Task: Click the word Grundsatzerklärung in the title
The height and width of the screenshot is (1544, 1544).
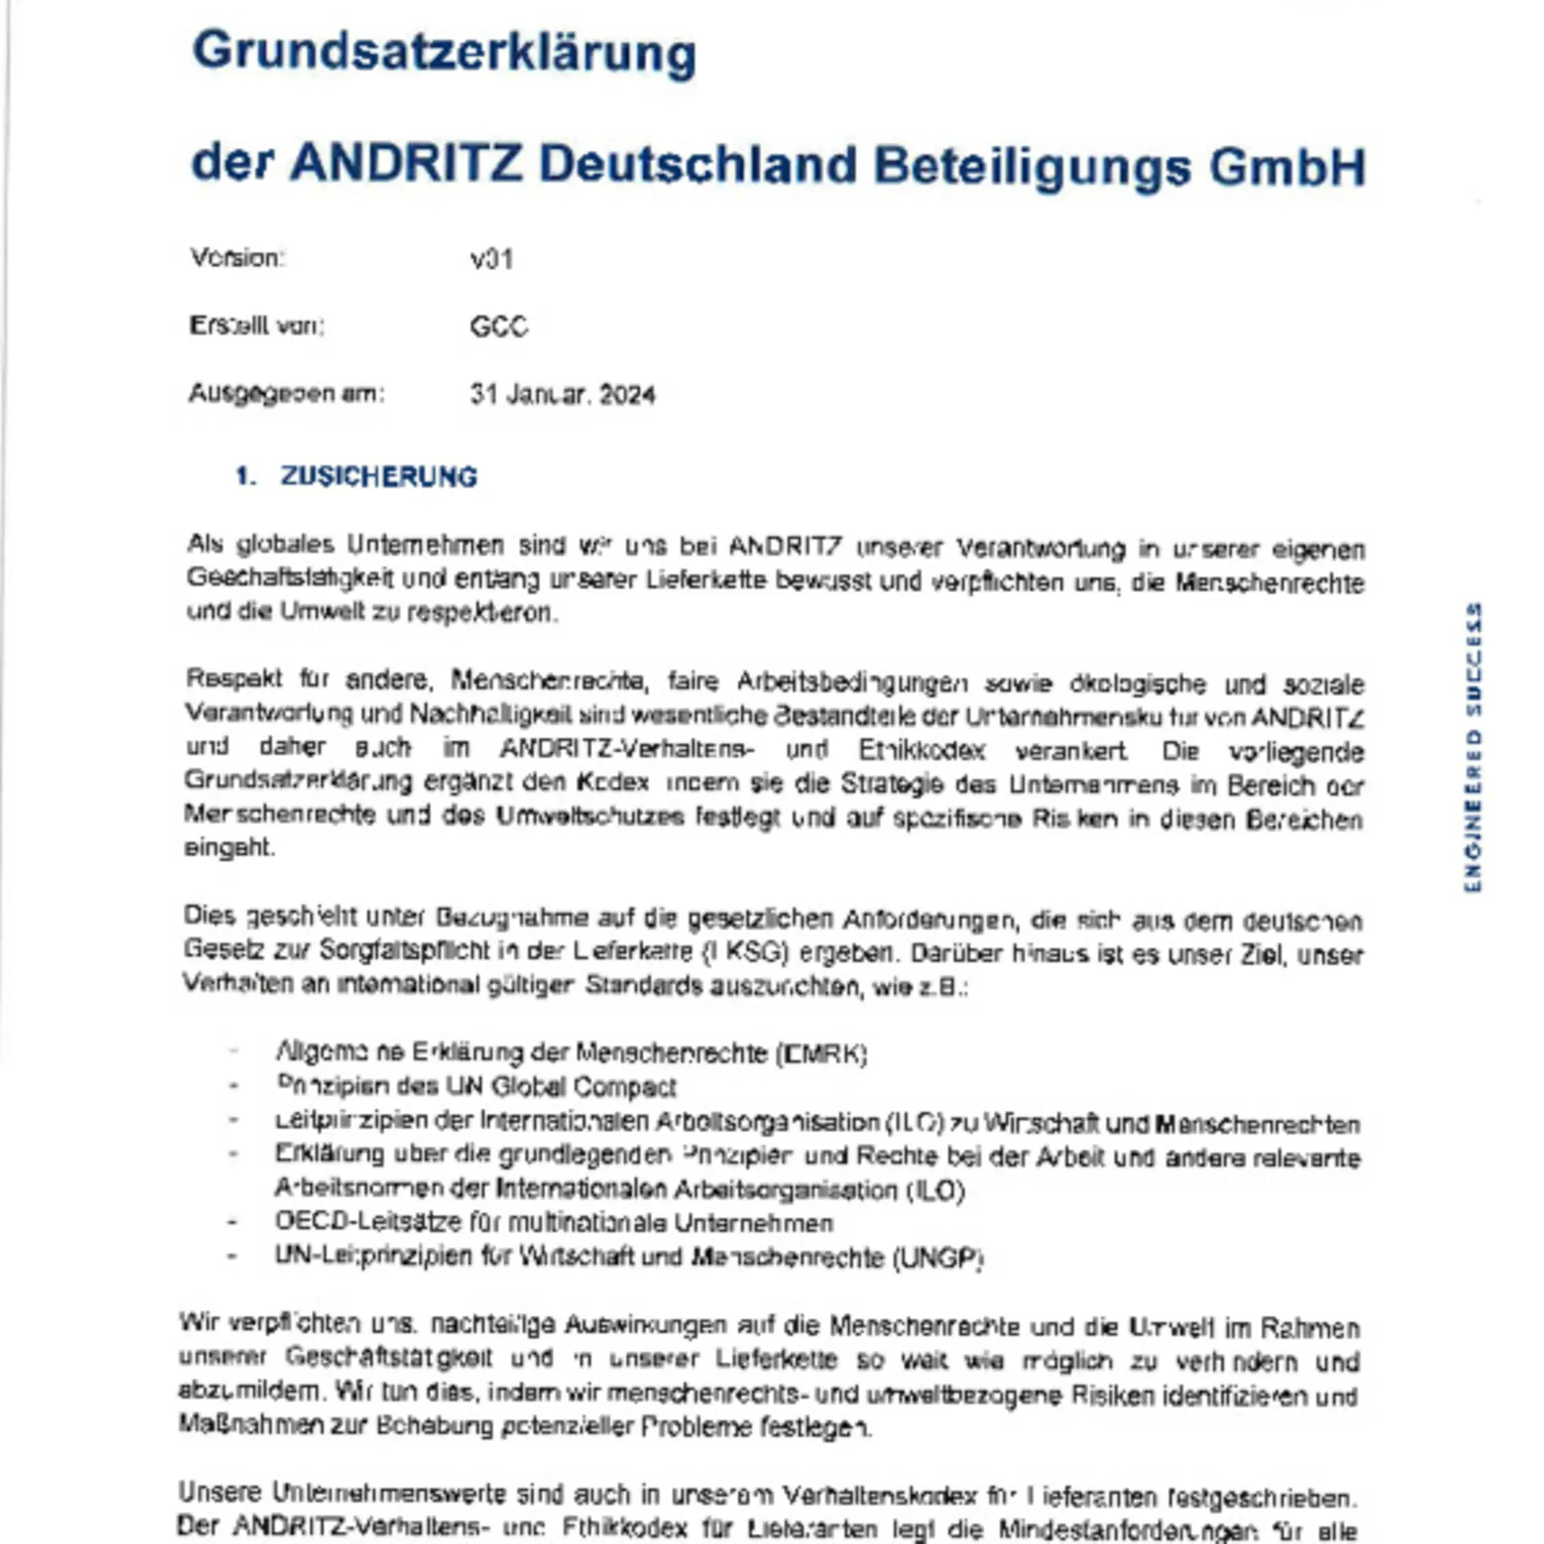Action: [x=444, y=53]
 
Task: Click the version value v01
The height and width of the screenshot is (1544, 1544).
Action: [x=491, y=260]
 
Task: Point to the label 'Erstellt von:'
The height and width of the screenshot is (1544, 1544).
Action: [x=257, y=326]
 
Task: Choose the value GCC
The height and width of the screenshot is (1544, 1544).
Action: [x=499, y=326]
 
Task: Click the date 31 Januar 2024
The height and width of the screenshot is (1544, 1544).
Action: [x=562, y=395]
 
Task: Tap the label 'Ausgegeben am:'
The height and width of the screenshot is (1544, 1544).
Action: [x=286, y=393]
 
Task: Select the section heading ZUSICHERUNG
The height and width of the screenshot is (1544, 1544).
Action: [x=379, y=477]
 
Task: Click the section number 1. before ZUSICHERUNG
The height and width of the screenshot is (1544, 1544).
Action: [x=245, y=477]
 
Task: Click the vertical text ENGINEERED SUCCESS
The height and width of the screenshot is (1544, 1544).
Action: [x=1472, y=747]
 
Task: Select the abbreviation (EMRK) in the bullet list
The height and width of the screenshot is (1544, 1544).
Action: [x=822, y=1053]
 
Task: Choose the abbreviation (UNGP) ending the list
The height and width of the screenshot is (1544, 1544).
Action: [x=938, y=1258]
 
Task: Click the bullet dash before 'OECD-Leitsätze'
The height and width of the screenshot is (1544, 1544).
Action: [x=232, y=1223]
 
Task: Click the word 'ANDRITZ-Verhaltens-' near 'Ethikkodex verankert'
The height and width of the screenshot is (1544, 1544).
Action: [x=626, y=749]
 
